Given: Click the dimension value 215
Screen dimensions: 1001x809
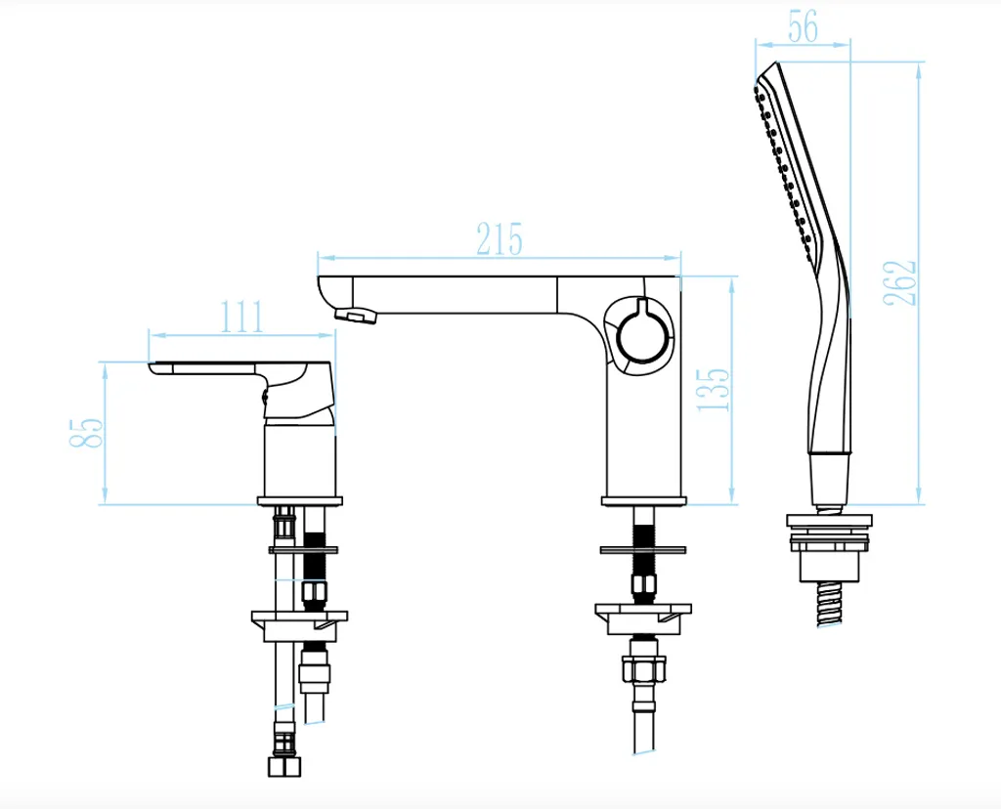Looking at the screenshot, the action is [500, 238].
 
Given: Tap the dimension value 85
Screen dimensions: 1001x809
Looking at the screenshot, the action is [86, 433].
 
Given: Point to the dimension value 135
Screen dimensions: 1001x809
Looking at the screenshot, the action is [713, 389].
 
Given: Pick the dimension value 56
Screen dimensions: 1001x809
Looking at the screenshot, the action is [803, 26].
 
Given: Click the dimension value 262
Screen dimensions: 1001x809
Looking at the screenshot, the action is [900, 282].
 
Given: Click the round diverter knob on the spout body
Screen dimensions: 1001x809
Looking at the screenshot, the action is [644, 335].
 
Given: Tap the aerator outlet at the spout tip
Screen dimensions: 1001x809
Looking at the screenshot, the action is [354, 315].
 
